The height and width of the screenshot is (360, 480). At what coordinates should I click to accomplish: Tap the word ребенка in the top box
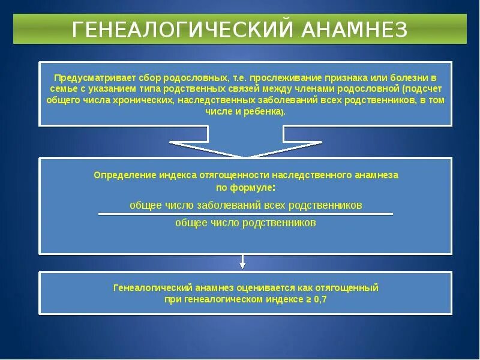pos(262,112)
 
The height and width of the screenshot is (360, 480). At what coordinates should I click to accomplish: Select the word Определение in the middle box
pos(125,175)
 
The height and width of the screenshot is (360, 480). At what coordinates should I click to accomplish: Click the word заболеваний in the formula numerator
pos(228,205)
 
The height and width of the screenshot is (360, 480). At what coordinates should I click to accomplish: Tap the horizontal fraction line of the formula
pos(245,214)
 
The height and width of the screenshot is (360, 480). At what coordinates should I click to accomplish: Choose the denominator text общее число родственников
pos(245,223)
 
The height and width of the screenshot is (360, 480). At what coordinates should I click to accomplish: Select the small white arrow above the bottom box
pos(243,261)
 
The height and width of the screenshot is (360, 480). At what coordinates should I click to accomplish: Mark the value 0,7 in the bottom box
pos(320,299)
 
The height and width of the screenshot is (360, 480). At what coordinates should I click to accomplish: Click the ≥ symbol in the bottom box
pos(307,299)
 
